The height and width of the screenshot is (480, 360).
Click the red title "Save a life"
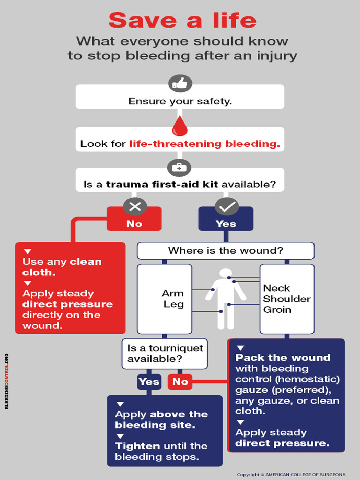click(182, 21)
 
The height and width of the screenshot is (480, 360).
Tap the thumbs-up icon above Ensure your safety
click(180, 83)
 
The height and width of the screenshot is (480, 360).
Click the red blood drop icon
click(180, 126)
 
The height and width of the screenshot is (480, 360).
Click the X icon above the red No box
click(135, 206)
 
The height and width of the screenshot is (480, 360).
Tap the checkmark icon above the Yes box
click(226, 206)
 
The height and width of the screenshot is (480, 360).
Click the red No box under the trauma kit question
click(134, 224)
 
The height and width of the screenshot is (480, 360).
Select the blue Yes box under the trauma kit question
click(226, 224)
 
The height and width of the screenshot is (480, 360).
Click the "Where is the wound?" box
click(225, 251)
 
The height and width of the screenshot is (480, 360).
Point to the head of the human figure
click(225, 273)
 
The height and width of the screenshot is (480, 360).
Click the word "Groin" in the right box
click(277, 310)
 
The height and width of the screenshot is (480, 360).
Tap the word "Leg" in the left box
click(173, 304)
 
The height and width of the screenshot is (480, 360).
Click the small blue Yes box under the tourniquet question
click(149, 382)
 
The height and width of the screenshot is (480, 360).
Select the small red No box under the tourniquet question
click(180, 382)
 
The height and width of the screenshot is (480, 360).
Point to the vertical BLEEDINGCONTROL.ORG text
click(7, 381)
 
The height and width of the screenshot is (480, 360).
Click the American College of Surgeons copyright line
click(291, 474)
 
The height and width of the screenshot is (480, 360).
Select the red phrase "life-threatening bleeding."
click(205, 144)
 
